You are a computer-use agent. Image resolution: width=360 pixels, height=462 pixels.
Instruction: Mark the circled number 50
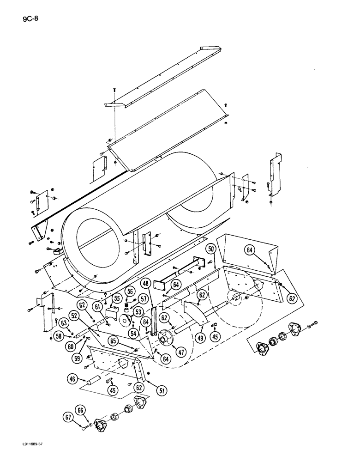[x=211, y=250]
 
